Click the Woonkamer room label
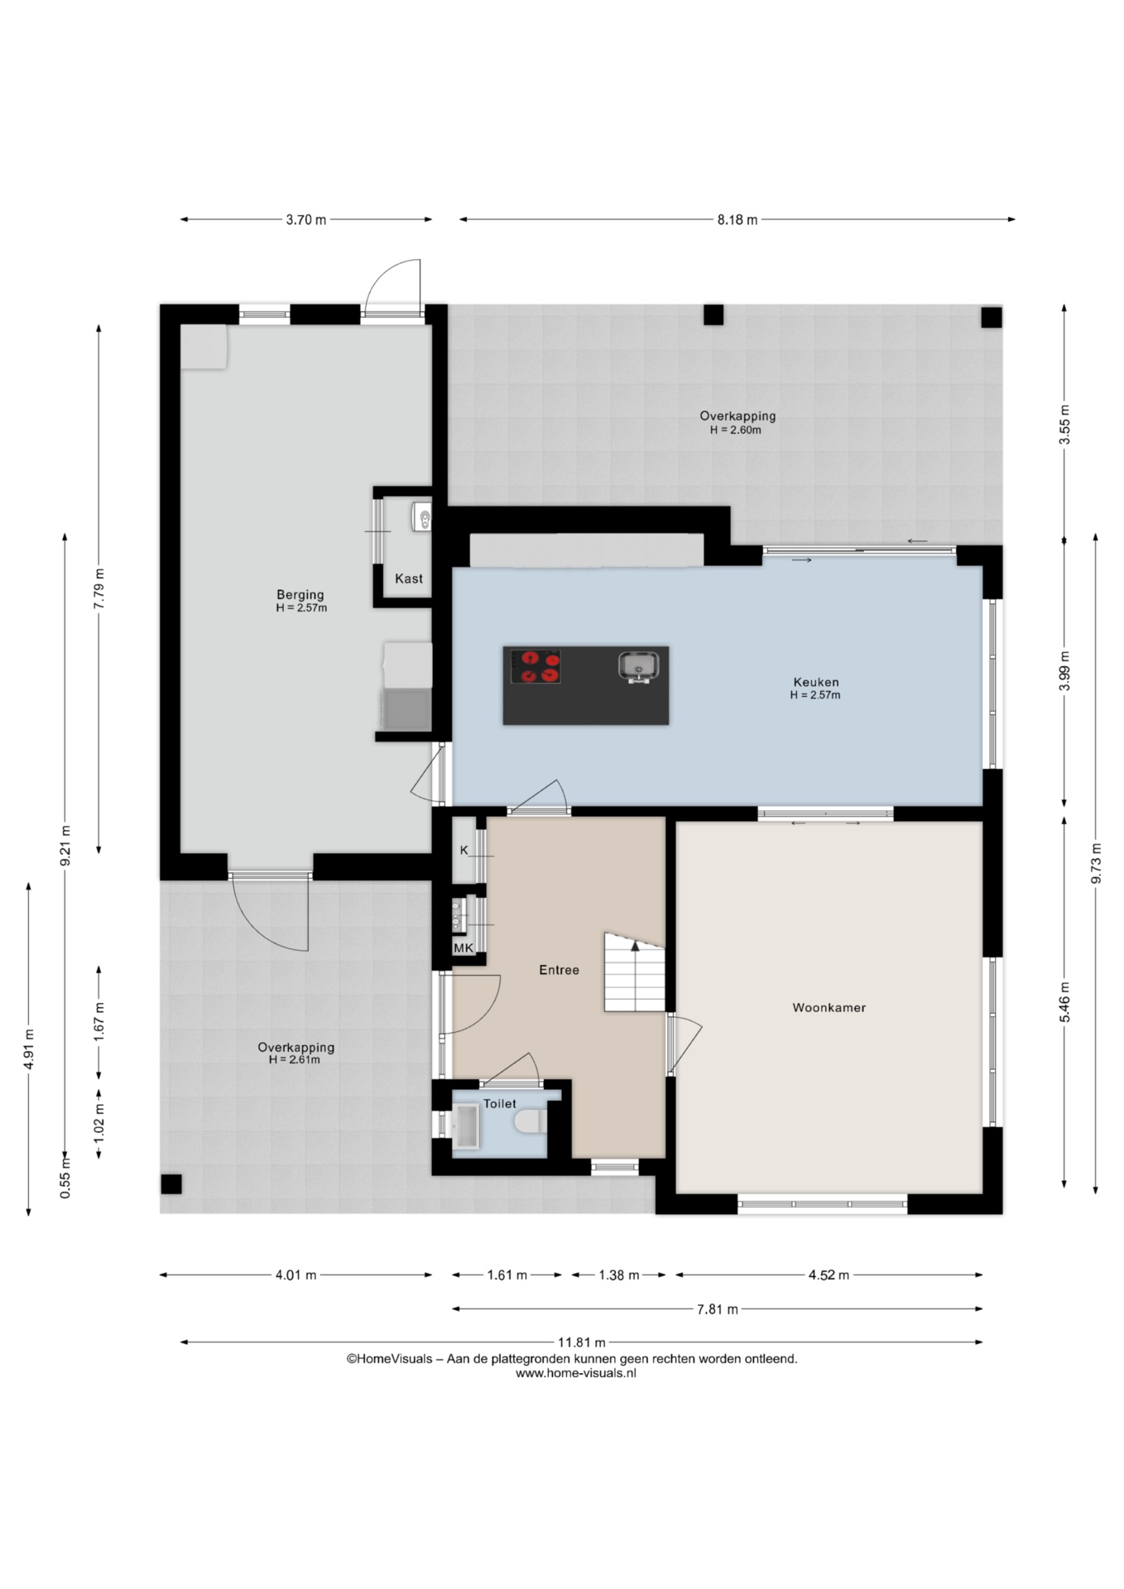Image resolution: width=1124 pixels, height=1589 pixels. coord(829,1008)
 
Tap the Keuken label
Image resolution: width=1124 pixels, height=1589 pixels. coord(816,682)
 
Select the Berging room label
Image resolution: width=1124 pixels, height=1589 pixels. coord(300,594)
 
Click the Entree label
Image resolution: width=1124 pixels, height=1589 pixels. coord(559,970)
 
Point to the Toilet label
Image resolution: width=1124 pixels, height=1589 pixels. coord(500,1103)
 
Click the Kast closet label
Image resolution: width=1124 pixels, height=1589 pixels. coord(409,578)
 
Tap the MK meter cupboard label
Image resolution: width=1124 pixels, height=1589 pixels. coord(463,948)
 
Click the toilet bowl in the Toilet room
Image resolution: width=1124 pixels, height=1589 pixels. coord(527,1123)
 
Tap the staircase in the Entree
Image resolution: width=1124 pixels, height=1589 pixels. coord(635,972)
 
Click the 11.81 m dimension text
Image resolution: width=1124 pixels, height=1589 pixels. coord(581,1342)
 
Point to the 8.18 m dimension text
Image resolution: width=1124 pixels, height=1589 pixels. coord(737,220)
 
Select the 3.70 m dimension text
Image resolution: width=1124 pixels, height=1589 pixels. coord(306,220)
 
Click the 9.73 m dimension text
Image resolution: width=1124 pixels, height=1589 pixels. coord(1097,864)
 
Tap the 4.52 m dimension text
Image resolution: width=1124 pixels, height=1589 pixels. coord(829,1275)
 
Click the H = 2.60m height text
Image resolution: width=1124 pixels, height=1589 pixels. coord(736,430)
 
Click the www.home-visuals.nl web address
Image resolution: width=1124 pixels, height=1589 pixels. coord(576,1373)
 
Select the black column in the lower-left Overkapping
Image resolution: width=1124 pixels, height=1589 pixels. coord(171,1184)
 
